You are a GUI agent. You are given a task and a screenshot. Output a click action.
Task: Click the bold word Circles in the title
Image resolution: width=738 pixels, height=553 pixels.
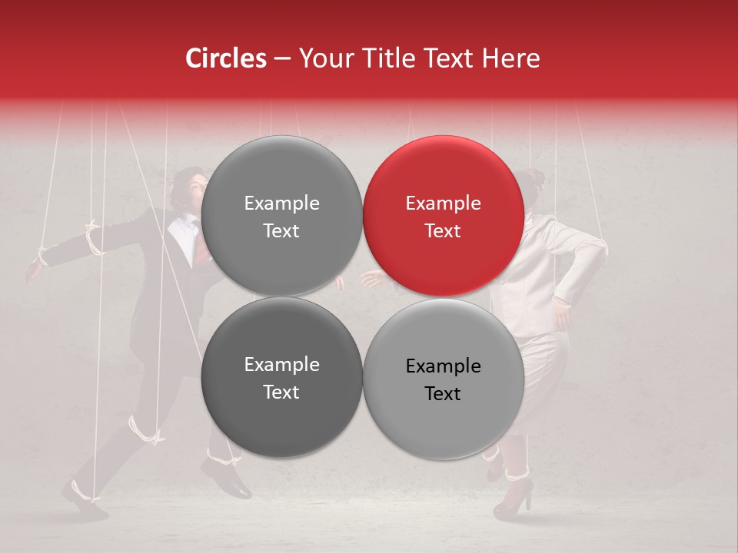point(225,58)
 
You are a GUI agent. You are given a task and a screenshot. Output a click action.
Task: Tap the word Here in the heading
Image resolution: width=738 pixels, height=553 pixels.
point(510,58)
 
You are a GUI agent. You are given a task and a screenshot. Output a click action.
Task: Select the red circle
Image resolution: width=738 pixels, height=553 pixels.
point(444,216)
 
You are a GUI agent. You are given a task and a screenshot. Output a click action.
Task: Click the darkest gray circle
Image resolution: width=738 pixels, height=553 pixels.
point(281,377)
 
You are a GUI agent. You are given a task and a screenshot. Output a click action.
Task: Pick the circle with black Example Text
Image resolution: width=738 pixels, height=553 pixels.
point(444,379)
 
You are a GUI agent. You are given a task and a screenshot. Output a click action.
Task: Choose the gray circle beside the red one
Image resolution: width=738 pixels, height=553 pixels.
point(281,216)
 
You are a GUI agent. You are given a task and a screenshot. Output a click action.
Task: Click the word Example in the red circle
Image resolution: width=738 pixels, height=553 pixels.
point(443,204)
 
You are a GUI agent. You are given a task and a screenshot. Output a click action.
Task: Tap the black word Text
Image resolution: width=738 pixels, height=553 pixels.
point(442,393)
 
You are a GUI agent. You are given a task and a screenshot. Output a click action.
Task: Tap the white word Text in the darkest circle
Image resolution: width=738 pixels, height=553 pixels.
point(281,392)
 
